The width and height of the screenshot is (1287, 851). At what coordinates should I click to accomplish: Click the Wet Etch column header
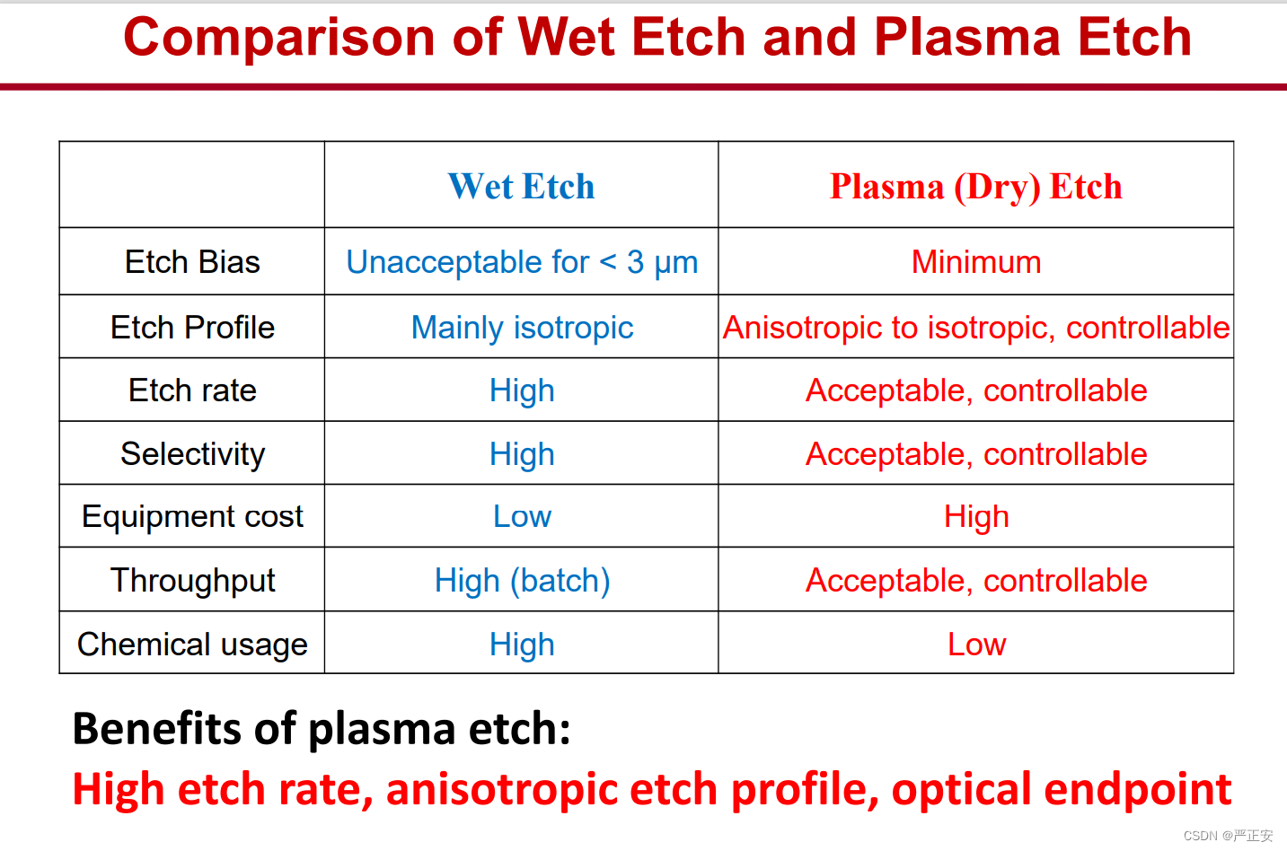[521, 186]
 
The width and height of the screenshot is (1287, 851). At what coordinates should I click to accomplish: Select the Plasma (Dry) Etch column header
[975, 187]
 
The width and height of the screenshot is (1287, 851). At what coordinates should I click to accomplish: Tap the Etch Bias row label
[192, 262]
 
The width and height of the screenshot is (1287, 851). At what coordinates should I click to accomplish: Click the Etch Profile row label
[192, 328]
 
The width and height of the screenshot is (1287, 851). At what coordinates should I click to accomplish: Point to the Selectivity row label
[192, 454]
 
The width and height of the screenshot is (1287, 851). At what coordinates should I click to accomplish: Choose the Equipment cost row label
[192, 516]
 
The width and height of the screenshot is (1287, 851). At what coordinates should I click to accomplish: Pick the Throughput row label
[192, 581]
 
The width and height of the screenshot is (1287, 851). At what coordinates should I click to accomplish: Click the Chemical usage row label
[192, 644]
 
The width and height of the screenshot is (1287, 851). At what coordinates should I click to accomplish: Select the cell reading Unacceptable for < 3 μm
[522, 263]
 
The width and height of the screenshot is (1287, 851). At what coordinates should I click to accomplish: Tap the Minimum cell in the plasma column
[976, 262]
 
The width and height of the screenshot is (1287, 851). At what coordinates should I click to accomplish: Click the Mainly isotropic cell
[523, 328]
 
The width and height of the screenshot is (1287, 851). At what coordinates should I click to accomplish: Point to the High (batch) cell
[523, 581]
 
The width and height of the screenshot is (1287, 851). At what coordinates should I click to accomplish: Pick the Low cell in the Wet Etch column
[523, 516]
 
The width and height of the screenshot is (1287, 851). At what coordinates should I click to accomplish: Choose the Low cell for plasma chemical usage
[977, 645]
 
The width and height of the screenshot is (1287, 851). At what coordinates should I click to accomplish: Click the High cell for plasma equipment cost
[976, 517]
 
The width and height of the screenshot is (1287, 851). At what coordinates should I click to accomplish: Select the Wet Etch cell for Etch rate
[523, 391]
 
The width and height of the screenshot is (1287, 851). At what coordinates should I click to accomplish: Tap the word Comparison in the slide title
[278, 39]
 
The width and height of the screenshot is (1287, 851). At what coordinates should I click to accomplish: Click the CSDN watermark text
[1228, 836]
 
